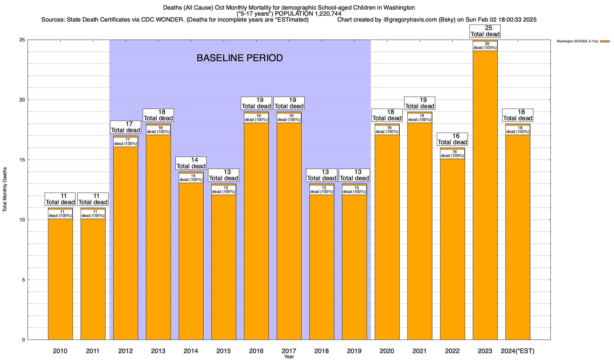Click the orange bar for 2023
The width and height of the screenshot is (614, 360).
[x=485, y=195]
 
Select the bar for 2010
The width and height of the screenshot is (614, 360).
[x=60, y=279]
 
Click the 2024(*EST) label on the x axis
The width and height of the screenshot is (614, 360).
[x=518, y=351]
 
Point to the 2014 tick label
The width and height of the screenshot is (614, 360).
[x=191, y=351]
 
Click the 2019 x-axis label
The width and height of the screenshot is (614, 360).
[x=354, y=351]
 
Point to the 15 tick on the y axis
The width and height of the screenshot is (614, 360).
[x=23, y=160]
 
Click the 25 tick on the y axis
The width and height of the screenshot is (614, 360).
[x=23, y=40]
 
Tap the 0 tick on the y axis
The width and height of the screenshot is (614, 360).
[x=24, y=340]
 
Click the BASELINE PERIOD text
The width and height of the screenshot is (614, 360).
[x=240, y=58]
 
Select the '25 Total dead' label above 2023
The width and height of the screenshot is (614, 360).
[x=485, y=31]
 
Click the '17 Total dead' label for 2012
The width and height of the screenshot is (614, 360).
[x=126, y=127]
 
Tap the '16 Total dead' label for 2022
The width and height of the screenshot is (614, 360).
[x=452, y=139]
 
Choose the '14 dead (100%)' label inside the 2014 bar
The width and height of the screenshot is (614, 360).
[x=191, y=178]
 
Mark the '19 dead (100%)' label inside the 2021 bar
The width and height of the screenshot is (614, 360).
[x=420, y=118]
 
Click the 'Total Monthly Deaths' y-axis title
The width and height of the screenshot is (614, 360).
[x=5, y=190]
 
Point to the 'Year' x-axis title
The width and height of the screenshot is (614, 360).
[x=289, y=357]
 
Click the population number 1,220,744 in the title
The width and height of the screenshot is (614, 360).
[x=325, y=14]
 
